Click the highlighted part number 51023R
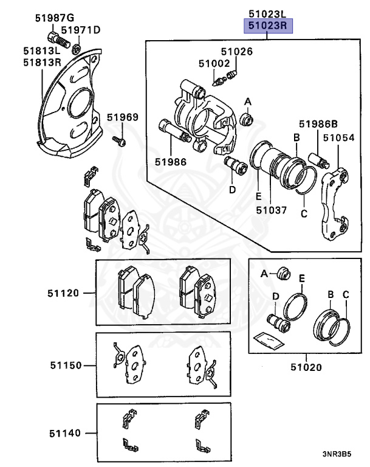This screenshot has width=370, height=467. (268, 26)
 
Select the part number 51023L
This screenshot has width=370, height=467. (268, 13)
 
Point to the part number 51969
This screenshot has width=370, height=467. (123, 117)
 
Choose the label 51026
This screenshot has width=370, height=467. (236, 52)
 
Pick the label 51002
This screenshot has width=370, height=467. (214, 63)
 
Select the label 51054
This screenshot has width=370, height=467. (338, 138)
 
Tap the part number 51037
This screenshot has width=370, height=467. (270, 210)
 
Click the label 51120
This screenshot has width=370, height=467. (64, 293)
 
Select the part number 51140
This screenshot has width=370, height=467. (64, 433)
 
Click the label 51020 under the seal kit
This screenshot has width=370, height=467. (306, 367)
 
